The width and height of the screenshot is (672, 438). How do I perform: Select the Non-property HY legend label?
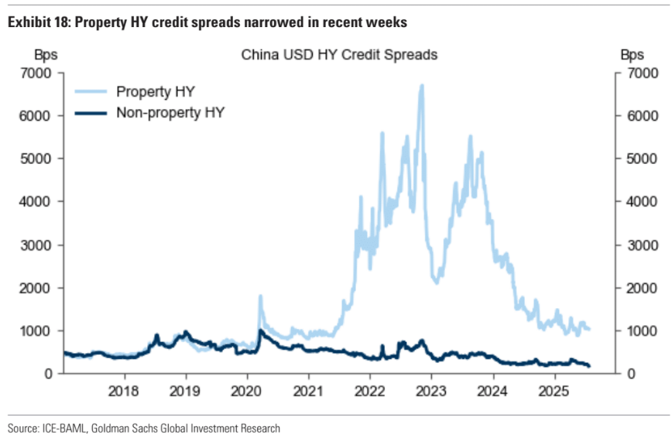[x=170, y=112]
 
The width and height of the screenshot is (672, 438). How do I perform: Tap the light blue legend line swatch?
[x=90, y=91]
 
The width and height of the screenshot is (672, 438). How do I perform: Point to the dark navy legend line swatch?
[x=90, y=113]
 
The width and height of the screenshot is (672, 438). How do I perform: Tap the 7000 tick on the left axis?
[x=37, y=73]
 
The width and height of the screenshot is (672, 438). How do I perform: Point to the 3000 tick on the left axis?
[x=37, y=245]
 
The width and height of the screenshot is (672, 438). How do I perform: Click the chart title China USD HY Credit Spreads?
[x=339, y=55]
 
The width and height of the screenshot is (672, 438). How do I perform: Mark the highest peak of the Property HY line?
[x=421, y=85]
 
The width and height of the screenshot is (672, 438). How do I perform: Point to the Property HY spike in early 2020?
[x=260, y=296]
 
